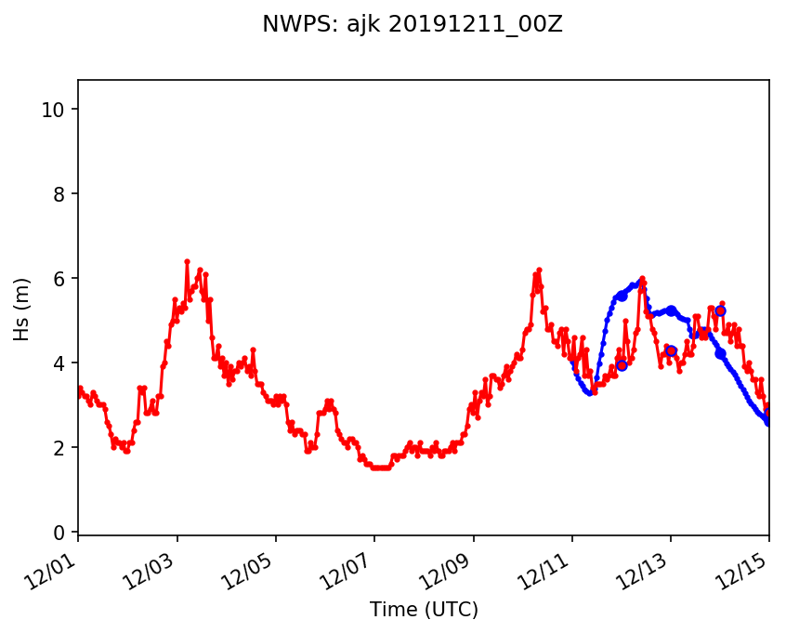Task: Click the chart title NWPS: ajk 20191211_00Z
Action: pos(412,25)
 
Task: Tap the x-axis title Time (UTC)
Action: pos(424,610)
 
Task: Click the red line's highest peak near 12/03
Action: pos(187,262)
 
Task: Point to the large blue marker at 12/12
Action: pos(622,295)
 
